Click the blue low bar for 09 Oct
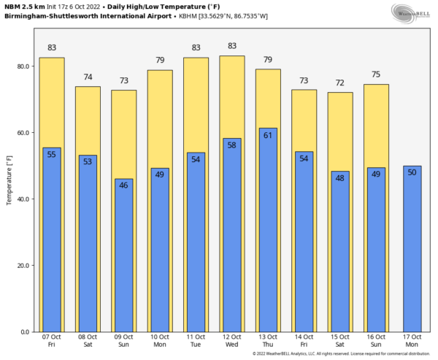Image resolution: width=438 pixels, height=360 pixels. [124, 256]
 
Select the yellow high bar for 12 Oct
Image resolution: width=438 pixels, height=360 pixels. [232, 95]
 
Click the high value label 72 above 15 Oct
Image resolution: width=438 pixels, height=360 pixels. [340, 83]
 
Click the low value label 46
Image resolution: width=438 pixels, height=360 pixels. [124, 185]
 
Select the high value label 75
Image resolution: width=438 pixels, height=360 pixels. [376, 74]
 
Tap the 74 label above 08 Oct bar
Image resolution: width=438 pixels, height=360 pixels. [88, 77]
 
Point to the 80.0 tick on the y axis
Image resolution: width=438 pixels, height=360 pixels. [24, 66]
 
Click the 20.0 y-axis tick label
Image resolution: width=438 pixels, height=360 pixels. [24, 266]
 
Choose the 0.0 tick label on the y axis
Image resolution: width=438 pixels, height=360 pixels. [26, 332]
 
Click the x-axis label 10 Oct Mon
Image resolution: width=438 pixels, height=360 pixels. [160, 340]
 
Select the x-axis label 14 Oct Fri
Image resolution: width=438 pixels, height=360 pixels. [304, 340]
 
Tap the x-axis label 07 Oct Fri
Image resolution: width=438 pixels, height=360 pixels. [52, 340]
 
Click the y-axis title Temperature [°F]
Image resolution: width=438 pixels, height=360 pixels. [9, 180]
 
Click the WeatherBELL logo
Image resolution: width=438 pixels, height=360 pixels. [410, 12]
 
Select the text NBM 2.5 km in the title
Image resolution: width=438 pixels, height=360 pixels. [24, 6]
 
